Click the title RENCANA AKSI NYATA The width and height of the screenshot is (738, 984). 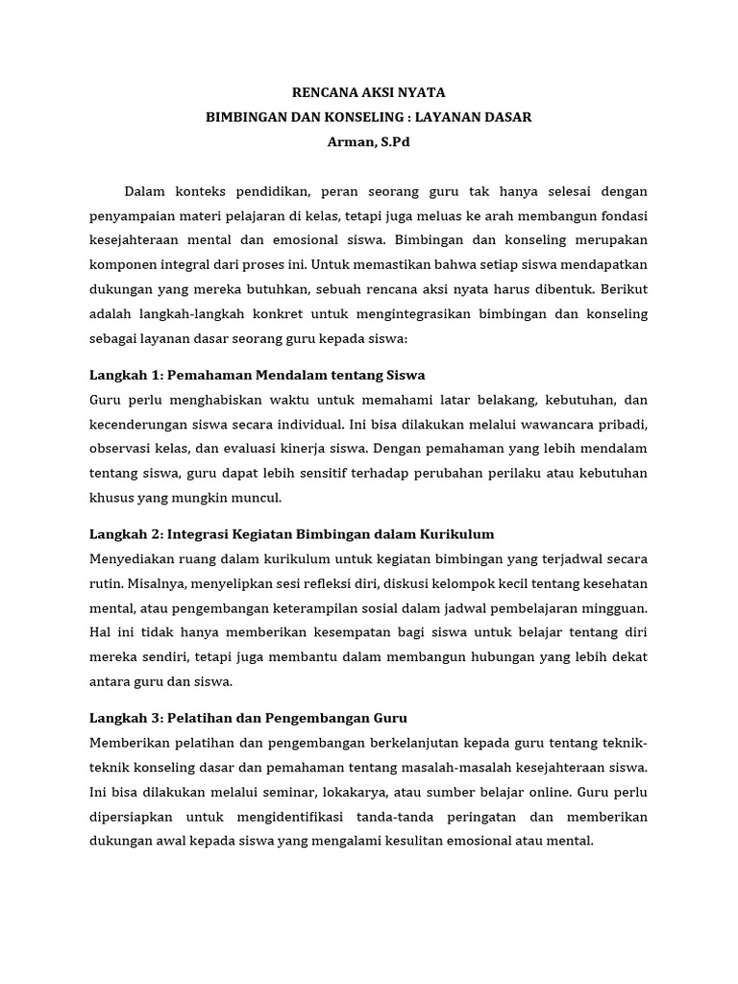tap(369, 92)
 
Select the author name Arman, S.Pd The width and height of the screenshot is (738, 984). tap(369, 141)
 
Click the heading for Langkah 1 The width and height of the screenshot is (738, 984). tap(258, 375)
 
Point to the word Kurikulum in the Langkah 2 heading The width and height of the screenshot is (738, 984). tap(455, 533)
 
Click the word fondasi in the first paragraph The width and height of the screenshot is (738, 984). tap(621, 215)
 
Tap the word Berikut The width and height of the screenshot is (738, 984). tap(621, 289)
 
